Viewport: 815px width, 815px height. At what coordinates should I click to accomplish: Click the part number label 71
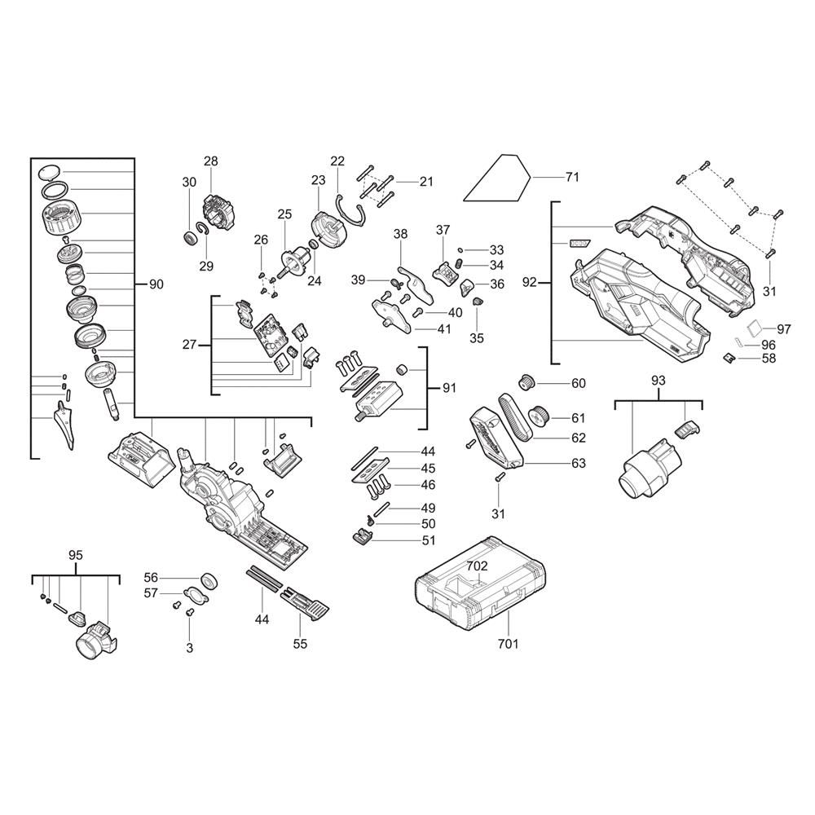(572, 177)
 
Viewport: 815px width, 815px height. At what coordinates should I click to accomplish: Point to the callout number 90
(156, 284)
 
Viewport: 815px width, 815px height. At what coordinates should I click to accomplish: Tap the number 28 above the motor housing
(211, 161)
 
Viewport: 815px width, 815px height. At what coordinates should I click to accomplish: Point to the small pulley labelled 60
(527, 383)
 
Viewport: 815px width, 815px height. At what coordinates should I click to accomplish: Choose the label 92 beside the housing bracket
(529, 283)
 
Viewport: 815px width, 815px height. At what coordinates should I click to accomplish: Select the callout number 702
(477, 566)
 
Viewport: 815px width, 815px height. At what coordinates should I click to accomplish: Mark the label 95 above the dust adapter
(75, 555)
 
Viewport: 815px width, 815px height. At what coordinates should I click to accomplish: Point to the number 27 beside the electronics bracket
(189, 345)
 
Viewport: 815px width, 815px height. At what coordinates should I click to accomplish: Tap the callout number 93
(658, 381)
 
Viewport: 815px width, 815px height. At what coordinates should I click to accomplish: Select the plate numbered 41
(392, 315)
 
